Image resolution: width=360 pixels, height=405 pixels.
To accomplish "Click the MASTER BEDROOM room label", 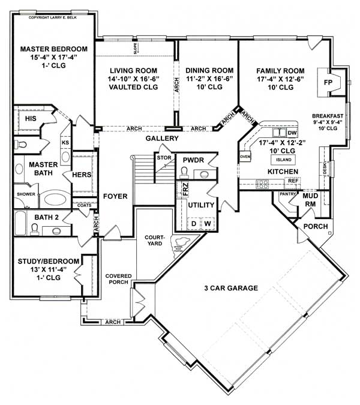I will [x=53, y=49].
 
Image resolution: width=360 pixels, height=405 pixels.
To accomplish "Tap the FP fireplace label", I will [x=328, y=82].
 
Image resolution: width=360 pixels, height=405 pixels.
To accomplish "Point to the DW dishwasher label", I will [x=292, y=133].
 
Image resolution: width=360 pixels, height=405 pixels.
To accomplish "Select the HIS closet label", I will [x=31, y=119].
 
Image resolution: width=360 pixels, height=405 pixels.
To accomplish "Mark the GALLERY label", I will [x=162, y=139].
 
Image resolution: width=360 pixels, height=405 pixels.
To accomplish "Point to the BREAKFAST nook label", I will [x=328, y=116].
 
